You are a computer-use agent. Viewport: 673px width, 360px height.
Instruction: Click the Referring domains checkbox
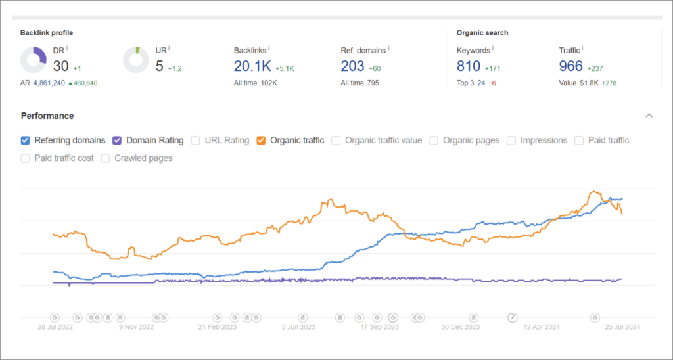pyautogui.click(x=26, y=140)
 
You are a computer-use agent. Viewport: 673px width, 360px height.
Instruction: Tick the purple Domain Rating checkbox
pyautogui.click(x=117, y=140)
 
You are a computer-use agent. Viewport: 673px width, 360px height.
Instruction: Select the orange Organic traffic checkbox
pyautogui.click(x=262, y=140)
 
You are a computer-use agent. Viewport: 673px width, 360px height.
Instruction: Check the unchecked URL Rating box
pyautogui.click(x=196, y=140)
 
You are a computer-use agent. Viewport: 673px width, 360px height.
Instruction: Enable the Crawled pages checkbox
pyautogui.click(x=106, y=158)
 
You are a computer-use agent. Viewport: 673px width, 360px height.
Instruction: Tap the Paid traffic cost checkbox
pyautogui.click(x=26, y=158)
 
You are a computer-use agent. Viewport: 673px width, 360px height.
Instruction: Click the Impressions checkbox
pyautogui.click(x=512, y=140)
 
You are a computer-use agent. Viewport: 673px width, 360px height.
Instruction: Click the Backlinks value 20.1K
pyautogui.click(x=252, y=66)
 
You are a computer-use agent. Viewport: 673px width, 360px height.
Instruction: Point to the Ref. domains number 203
pyautogui.click(x=352, y=66)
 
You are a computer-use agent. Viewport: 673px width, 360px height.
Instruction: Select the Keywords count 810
pyautogui.click(x=469, y=66)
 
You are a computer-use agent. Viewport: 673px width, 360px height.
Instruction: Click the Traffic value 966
pyautogui.click(x=570, y=66)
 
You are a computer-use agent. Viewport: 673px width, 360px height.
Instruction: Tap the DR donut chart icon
pyautogui.click(x=33, y=60)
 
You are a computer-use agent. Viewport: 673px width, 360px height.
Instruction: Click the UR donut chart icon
pyautogui.click(x=136, y=60)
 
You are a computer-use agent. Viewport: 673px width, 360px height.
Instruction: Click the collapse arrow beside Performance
pyautogui.click(x=649, y=116)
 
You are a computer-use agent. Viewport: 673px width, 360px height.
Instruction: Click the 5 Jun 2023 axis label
pyautogui.click(x=298, y=326)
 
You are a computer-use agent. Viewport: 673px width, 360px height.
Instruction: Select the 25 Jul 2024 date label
pyautogui.click(x=622, y=326)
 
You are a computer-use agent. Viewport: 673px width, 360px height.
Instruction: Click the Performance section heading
pyautogui.click(x=47, y=116)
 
